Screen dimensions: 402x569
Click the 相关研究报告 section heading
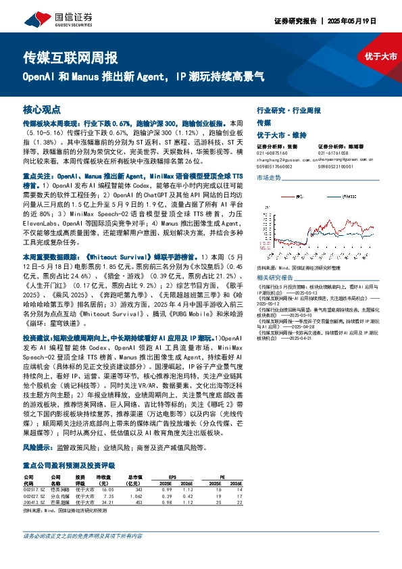click(275, 278)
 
